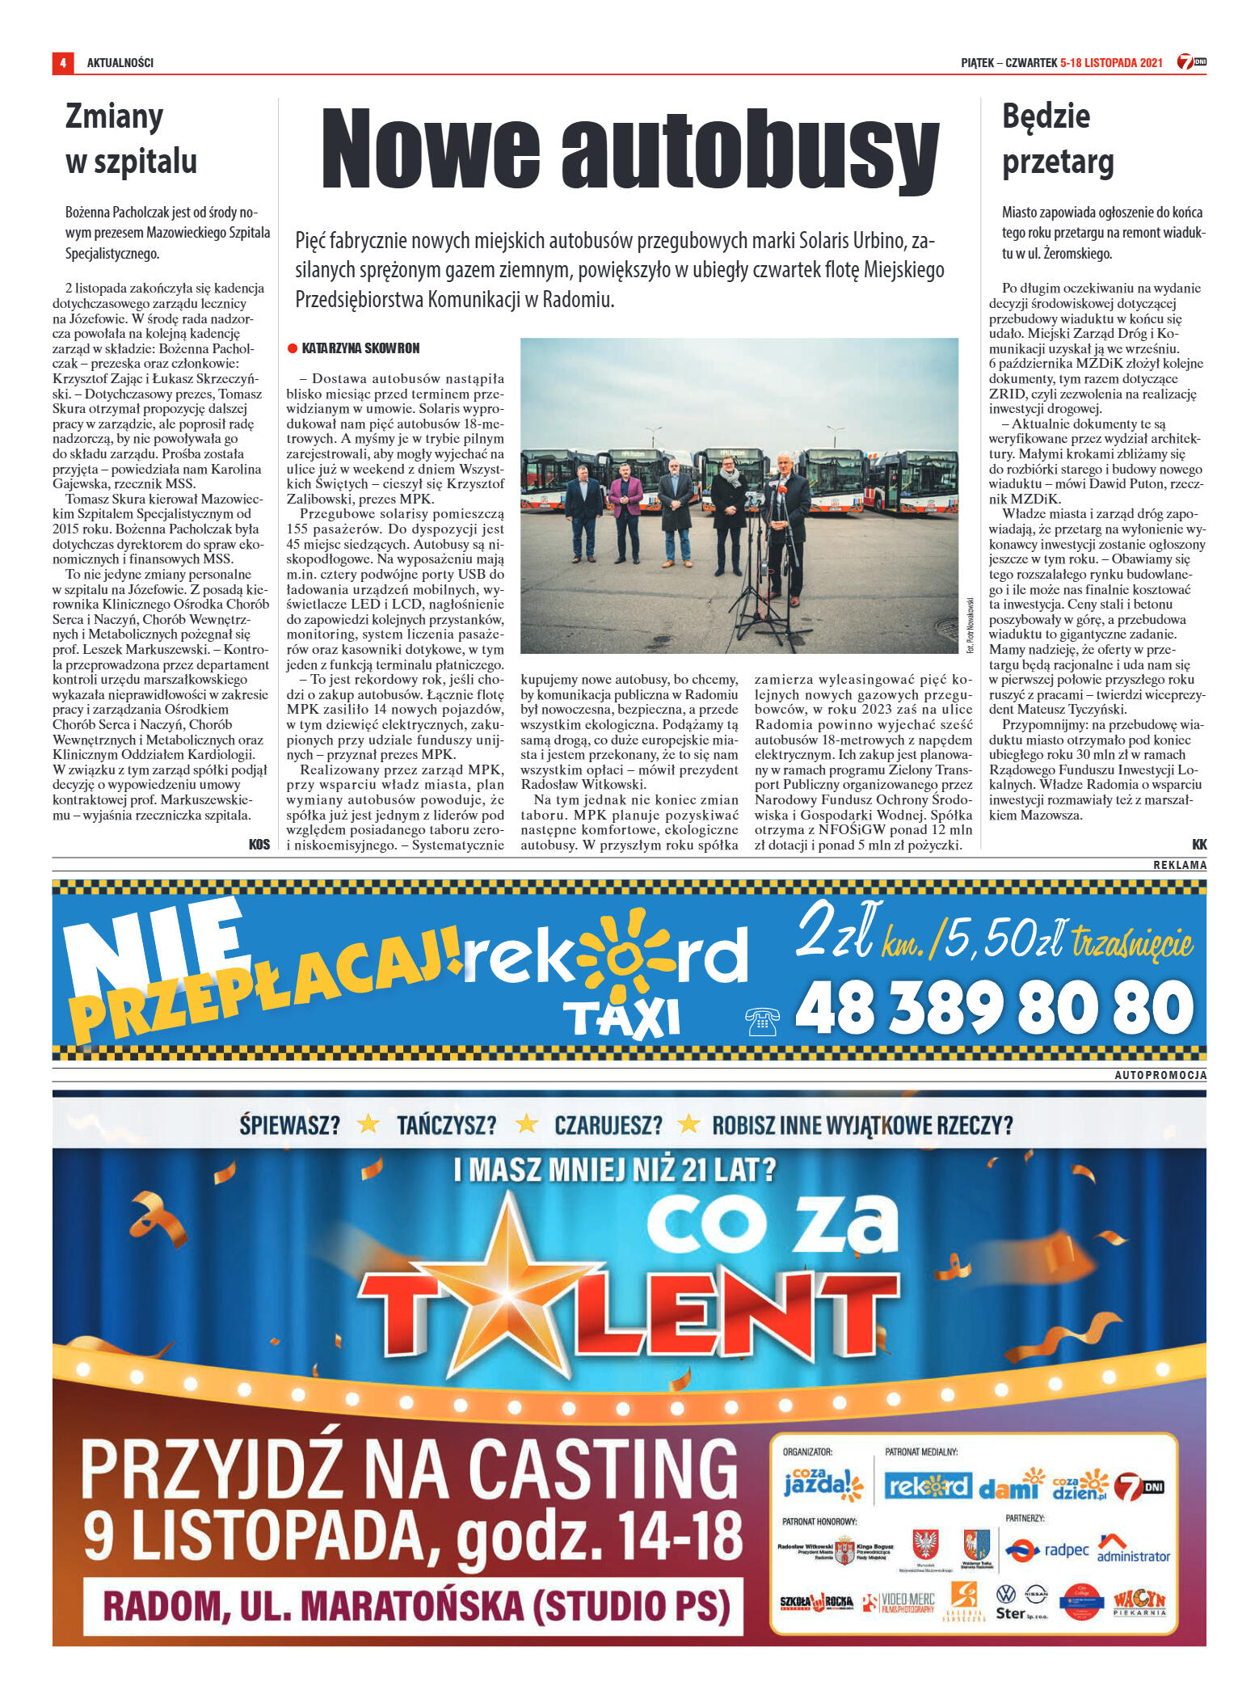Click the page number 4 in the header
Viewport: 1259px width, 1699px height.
point(62,62)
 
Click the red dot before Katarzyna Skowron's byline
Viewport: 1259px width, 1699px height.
point(293,348)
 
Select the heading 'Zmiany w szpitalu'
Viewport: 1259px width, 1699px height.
point(131,138)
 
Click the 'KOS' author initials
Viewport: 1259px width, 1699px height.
point(259,845)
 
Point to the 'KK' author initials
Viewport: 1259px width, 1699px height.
point(1198,845)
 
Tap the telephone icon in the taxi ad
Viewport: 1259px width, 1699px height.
point(762,1021)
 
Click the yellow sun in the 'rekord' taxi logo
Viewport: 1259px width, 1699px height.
point(623,957)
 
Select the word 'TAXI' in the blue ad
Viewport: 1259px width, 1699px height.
point(621,1019)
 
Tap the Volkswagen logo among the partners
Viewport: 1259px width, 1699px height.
point(1005,1594)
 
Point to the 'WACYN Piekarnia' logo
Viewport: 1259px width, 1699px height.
point(1139,1600)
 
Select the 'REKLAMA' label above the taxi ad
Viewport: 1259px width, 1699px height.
point(1179,865)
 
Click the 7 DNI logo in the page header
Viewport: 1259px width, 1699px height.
point(1191,62)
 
